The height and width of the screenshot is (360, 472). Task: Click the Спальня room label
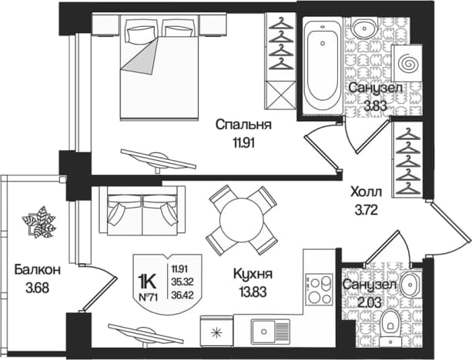pyautogui.click(x=243, y=124)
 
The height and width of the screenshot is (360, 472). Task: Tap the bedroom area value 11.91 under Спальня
pyautogui.click(x=243, y=143)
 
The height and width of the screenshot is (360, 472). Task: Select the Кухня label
pyautogui.click(x=253, y=274)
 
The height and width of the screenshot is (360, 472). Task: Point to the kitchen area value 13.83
pyautogui.click(x=253, y=292)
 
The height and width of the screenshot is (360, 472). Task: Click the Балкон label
pyautogui.click(x=37, y=270)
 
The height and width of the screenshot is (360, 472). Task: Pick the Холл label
pyautogui.click(x=366, y=192)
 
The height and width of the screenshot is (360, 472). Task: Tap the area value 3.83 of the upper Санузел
pyautogui.click(x=375, y=106)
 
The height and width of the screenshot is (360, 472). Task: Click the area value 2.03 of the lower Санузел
pyautogui.click(x=369, y=302)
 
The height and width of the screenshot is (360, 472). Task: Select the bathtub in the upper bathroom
pyautogui.click(x=323, y=66)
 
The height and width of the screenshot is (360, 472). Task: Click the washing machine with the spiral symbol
pyautogui.click(x=407, y=63)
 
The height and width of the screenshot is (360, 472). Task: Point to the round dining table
pyautogui.click(x=242, y=220)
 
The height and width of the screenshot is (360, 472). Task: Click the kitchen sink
pyautogui.click(x=270, y=332)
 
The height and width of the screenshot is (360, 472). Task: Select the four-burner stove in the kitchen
pyautogui.click(x=319, y=290)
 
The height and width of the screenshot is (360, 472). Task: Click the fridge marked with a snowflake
pyautogui.click(x=216, y=332)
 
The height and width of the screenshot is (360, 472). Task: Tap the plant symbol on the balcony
pyautogui.click(x=39, y=222)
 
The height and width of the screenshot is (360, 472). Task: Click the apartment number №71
pyautogui.click(x=148, y=298)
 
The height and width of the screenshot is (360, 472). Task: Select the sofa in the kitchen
pyautogui.click(x=142, y=211)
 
